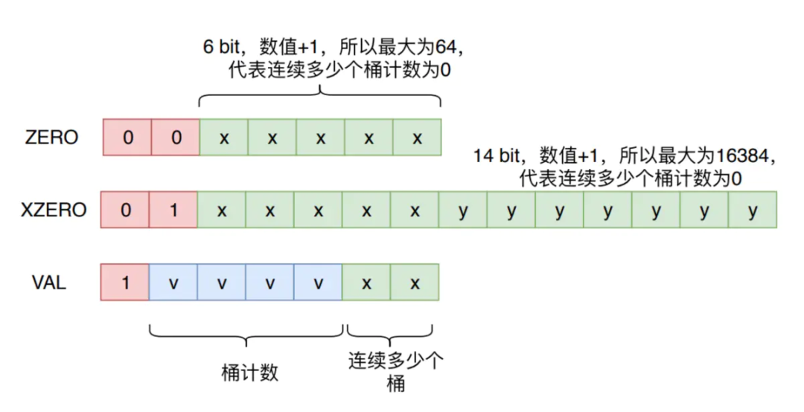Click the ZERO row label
point(52,138)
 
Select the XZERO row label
point(54,210)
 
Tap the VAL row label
point(49,283)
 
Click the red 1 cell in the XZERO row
point(173,210)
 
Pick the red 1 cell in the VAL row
point(125,283)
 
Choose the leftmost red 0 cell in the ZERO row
point(128,138)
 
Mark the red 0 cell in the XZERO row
point(125,210)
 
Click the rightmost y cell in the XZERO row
point(753,210)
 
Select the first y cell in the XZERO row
point(463,210)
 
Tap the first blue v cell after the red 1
point(173,283)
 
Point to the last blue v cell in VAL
point(318,283)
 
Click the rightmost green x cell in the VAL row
point(415,283)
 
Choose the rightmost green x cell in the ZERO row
point(417,138)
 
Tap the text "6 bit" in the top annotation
point(222,47)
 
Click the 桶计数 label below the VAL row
point(249,373)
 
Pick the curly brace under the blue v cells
point(246,336)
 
